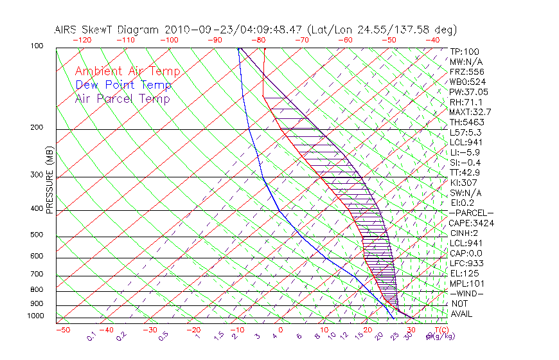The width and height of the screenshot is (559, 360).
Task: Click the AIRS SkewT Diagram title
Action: [255, 30]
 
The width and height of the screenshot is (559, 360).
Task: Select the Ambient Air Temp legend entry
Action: [127, 71]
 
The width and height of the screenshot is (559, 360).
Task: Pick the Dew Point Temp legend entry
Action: [123, 85]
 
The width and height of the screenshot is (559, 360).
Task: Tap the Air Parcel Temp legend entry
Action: [122, 98]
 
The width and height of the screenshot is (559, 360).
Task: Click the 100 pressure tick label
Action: [36, 46]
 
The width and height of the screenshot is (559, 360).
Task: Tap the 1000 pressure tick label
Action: [35, 316]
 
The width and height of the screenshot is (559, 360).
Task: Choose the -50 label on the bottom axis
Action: [62, 330]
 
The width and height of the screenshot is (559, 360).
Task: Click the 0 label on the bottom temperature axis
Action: [281, 330]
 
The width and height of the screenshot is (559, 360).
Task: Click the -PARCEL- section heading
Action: [471, 213]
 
